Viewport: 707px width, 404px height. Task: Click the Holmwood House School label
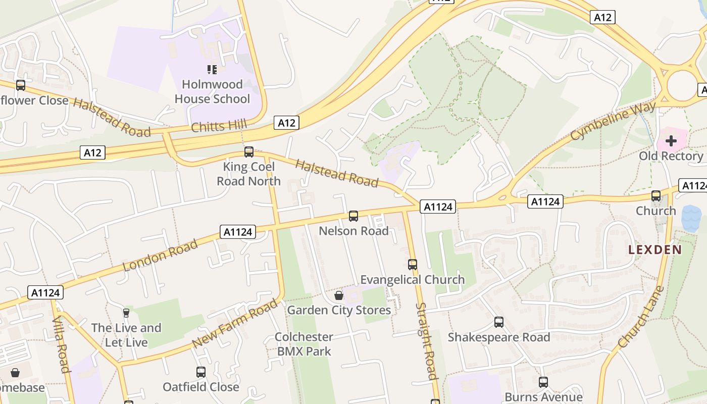212,91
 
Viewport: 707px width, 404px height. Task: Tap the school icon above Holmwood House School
212,70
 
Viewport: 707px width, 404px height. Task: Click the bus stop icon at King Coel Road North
248,151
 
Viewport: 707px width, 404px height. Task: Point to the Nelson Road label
353,231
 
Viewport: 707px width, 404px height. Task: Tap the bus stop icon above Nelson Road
353,216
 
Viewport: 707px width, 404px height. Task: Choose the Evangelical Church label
412,279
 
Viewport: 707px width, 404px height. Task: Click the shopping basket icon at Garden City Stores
339,295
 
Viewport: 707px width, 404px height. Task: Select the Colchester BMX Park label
304,344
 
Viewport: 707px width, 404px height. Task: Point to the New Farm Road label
235,323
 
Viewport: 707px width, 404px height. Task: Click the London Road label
160,256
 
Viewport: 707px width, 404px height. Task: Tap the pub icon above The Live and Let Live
126,313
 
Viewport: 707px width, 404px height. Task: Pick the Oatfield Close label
200,387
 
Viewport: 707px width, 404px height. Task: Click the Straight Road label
425,341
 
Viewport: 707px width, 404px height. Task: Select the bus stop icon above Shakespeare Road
499,322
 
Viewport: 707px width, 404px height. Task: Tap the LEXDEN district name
654,249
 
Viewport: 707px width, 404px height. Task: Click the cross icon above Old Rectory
671,141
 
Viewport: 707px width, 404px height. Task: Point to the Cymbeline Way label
613,121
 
